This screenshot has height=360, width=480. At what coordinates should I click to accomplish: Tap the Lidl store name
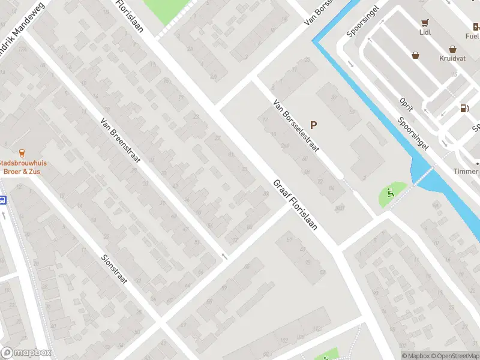425,35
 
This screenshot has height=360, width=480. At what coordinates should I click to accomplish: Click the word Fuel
472,35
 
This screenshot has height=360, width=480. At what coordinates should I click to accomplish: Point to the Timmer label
466,172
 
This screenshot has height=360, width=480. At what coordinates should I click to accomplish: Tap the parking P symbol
313,125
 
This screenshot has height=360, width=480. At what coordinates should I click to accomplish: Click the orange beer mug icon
22,152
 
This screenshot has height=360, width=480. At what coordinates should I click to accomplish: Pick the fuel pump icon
464,109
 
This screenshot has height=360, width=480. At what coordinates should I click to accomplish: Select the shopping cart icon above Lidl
425,23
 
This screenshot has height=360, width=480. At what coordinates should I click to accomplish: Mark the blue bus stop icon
2,200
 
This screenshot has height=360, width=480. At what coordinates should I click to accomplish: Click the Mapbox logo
26,353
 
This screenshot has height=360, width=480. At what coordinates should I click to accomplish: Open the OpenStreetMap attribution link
457,356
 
